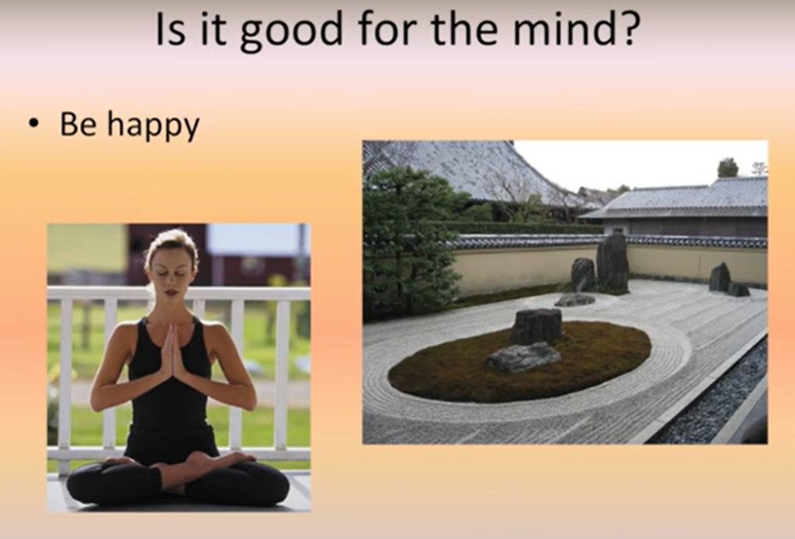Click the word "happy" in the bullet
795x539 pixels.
click(154, 127)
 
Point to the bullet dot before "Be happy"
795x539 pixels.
click(34, 123)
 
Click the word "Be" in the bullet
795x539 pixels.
click(78, 123)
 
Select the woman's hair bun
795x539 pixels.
click(171, 238)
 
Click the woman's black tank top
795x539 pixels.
click(169, 391)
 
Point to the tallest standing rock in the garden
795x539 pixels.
click(613, 263)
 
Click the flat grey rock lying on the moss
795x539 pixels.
click(524, 357)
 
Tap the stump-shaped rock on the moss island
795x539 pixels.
click(537, 326)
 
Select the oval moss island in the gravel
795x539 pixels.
click(519, 361)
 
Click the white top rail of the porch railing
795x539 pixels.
click(179, 293)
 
